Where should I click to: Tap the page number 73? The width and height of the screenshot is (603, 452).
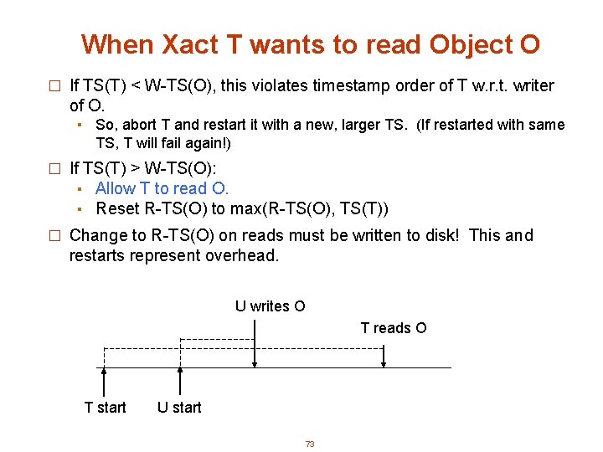pyautogui.click(x=310, y=444)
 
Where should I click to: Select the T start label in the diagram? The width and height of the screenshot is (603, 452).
pyautogui.click(x=106, y=408)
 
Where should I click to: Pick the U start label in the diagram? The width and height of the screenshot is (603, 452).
pyautogui.click(x=179, y=408)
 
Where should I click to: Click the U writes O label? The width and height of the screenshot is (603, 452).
pyautogui.click(x=270, y=306)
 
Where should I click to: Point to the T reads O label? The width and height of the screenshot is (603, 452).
pyautogui.click(x=393, y=328)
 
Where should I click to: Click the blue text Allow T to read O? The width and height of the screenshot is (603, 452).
pyautogui.click(x=162, y=188)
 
